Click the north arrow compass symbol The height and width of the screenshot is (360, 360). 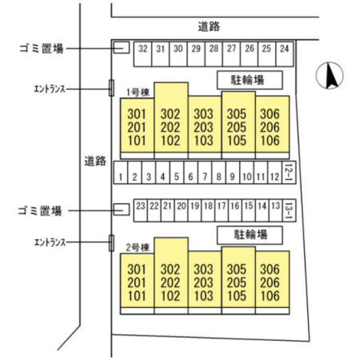click(x=330, y=76)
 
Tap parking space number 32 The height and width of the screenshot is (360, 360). click(x=142, y=49)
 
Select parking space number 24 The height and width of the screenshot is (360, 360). click(x=285, y=49)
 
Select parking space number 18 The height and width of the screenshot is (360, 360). click(x=208, y=206)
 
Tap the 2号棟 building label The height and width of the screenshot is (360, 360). click(x=137, y=246)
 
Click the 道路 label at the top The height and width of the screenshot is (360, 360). click(x=209, y=26)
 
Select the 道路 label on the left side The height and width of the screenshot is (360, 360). click(x=92, y=162)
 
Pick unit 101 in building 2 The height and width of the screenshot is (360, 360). click(x=137, y=296)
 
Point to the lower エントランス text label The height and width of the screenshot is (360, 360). click(x=50, y=242)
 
